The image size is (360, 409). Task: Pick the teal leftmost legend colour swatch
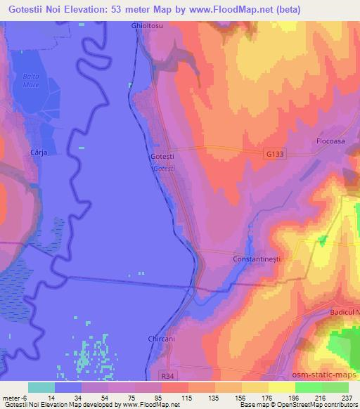[42, 387]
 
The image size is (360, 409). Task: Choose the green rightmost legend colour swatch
[335, 387]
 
